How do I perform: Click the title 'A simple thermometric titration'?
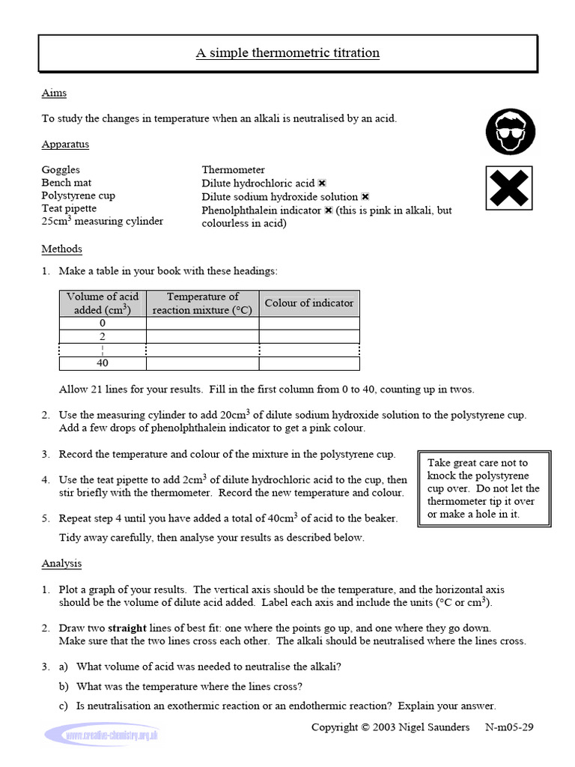point(287,53)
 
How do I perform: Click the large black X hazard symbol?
point(508,188)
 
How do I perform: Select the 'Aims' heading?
point(54,93)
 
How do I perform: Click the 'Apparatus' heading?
point(65,144)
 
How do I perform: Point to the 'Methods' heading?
point(61,249)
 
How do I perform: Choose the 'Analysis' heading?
point(61,563)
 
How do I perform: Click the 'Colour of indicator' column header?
point(309,303)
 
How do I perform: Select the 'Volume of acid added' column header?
point(103,303)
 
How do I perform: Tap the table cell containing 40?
point(103,363)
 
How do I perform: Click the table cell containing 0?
point(103,323)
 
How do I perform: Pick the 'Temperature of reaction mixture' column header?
point(202,303)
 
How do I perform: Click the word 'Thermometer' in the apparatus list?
point(233,170)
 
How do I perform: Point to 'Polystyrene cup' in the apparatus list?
point(78,195)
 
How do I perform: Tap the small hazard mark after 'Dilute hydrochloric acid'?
point(322,183)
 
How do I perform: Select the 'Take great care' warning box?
point(484,488)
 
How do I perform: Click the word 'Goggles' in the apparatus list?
point(61,170)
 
